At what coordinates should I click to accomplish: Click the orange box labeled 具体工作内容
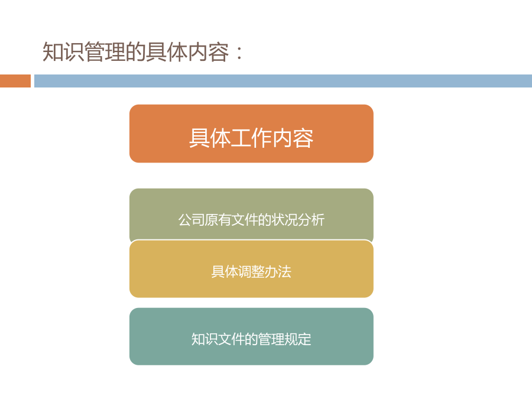tap(251, 134)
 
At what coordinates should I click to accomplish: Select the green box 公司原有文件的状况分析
tap(251, 215)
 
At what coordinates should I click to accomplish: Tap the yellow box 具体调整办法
tap(251, 269)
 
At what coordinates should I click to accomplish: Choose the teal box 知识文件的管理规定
tap(251, 336)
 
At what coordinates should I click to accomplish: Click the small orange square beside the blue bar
tap(15, 81)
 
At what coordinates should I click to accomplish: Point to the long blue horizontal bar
tap(283, 81)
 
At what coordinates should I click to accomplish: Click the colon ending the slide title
tap(239, 53)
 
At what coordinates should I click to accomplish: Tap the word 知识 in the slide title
tap(63, 52)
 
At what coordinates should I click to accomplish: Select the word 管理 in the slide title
tap(105, 52)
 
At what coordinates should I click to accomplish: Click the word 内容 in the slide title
tap(208, 52)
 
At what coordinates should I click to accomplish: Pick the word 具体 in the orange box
tap(210, 138)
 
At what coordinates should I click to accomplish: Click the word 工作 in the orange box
tap(251, 138)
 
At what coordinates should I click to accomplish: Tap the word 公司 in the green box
tap(192, 220)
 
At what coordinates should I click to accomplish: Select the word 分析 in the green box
tap(312, 220)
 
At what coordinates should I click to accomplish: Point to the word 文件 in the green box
tap(245, 220)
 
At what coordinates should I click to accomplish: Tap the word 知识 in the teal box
tap(205, 339)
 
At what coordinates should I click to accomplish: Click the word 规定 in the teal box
tap(298, 339)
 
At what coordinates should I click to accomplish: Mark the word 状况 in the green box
tap(285, 220)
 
